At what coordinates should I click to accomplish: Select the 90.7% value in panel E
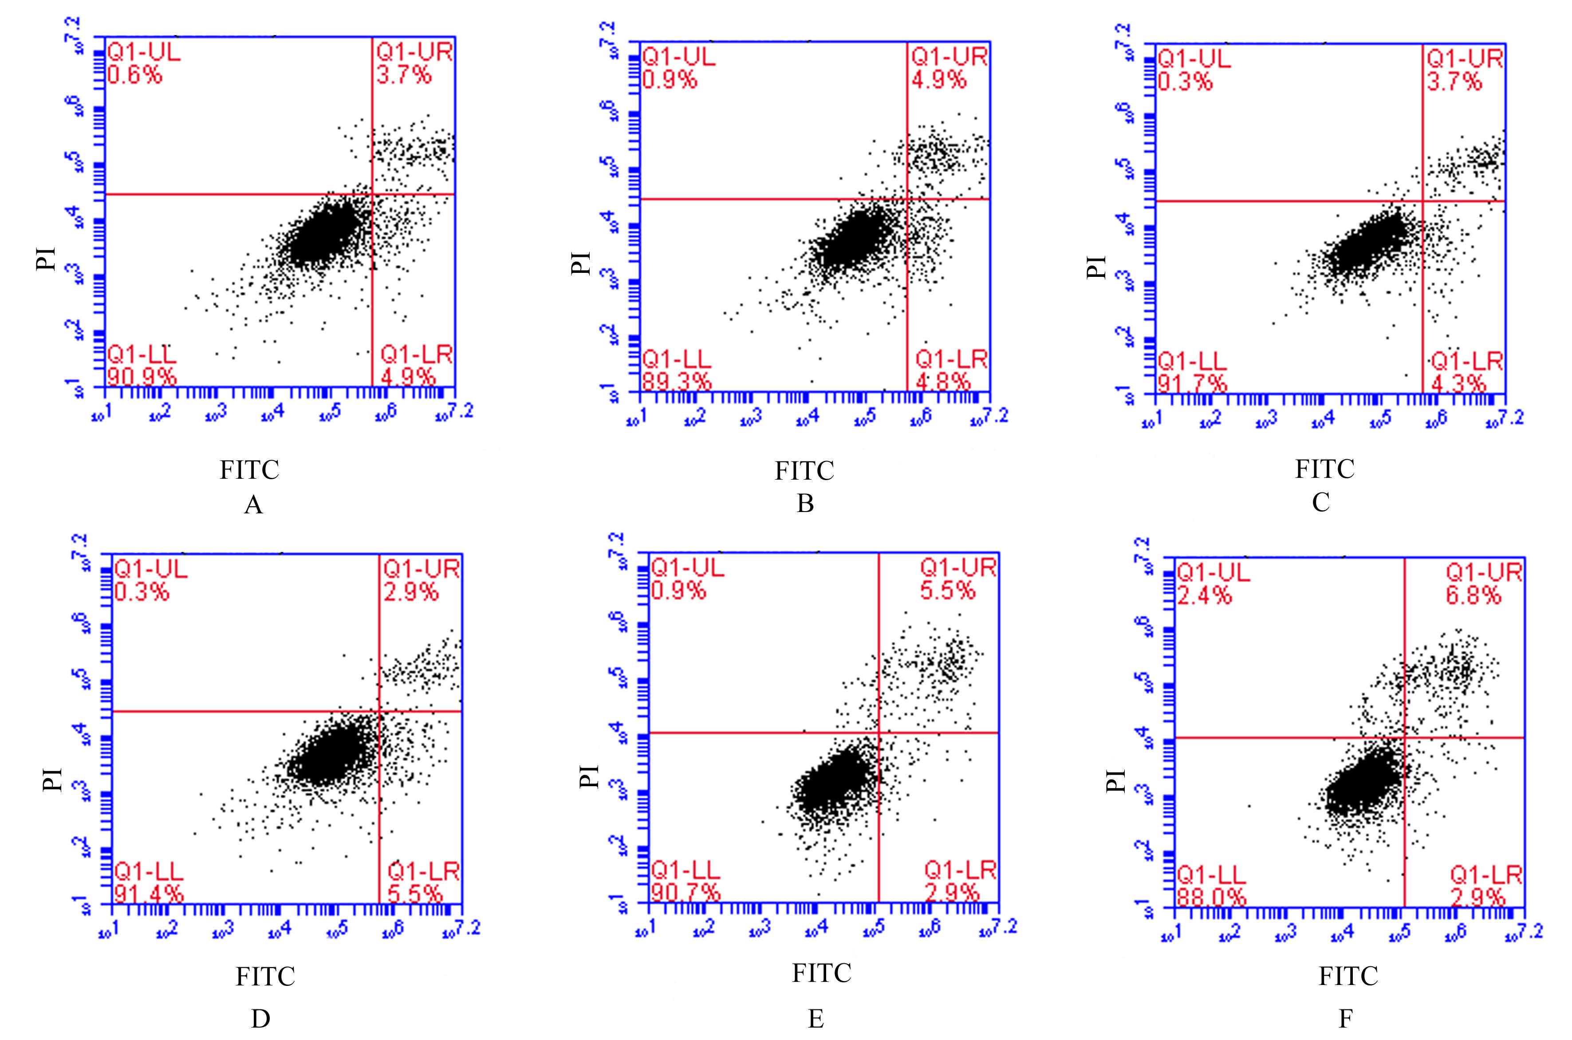[685, 893]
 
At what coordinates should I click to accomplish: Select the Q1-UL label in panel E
[688, 568]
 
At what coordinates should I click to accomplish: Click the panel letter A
[253, 505]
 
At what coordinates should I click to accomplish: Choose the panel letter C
[1320, 502]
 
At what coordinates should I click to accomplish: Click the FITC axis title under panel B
[804, 471]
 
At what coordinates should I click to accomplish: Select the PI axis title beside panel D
[53, 780]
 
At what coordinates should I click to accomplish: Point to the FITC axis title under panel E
[821, 973]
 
